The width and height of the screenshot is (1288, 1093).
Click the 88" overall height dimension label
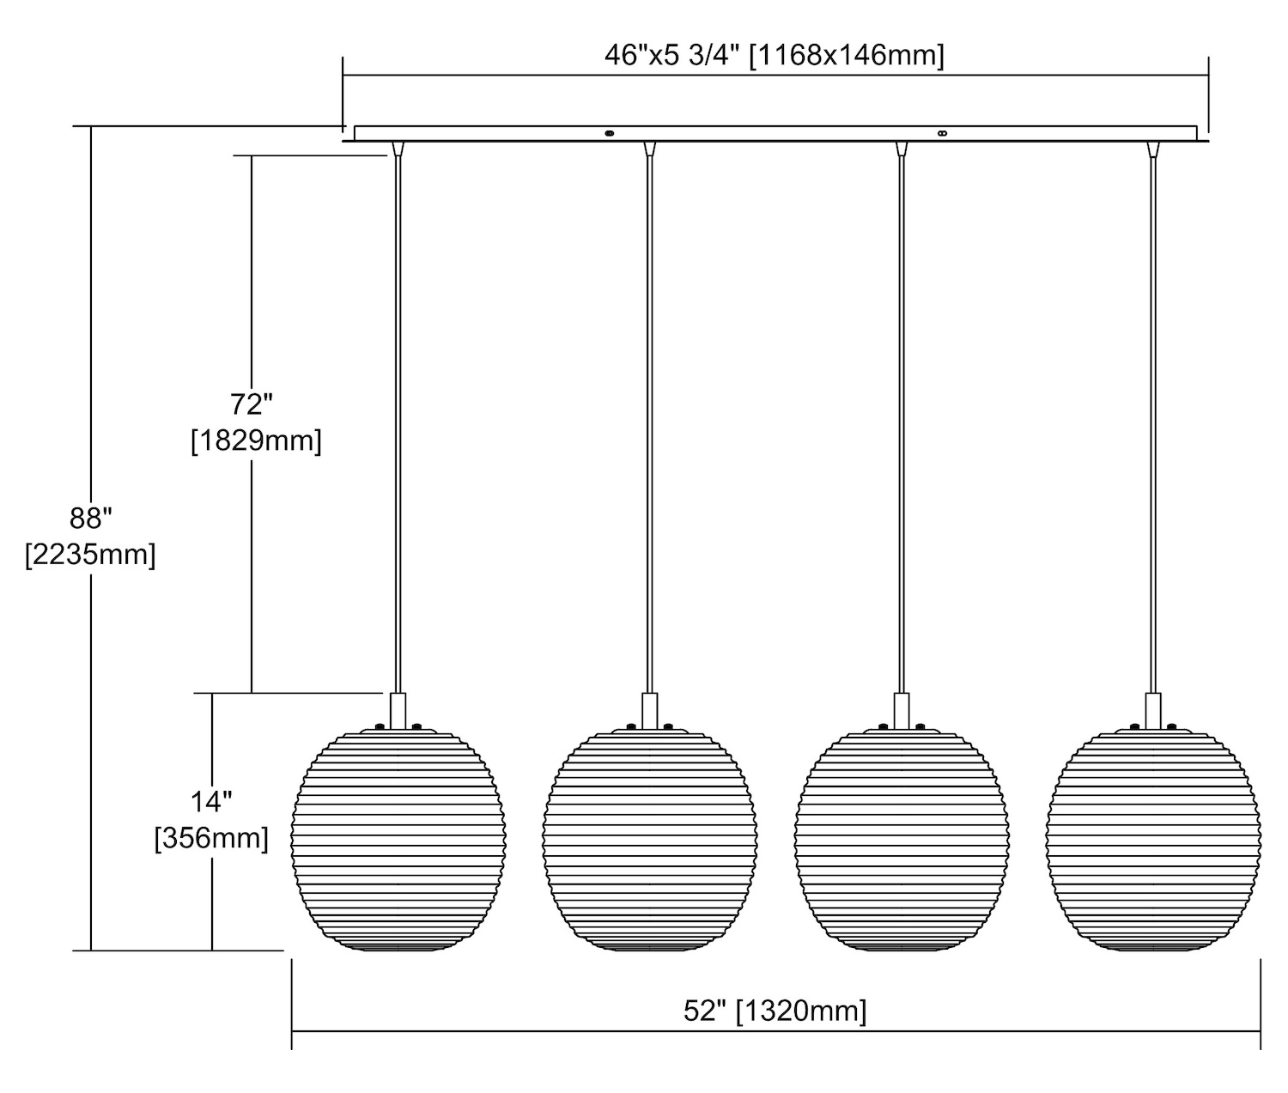click(x=90, y=518)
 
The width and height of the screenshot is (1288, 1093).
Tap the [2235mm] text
click(x=90, y=554)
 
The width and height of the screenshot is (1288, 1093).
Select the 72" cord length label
click(x=252, y=404)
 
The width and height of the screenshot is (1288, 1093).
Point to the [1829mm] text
click(x=256, y=441)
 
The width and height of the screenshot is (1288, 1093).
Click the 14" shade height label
click(x=211, y=801)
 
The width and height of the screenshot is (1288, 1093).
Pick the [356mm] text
click(x=211, y=838)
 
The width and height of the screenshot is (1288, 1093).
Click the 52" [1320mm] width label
click(x=775, y=1011)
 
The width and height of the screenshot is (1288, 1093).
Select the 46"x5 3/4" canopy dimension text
click(x=672, y=56)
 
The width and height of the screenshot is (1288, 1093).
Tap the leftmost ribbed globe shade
click(x=398, y=838)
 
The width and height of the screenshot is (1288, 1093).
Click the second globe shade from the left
click(x=650, y=838)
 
